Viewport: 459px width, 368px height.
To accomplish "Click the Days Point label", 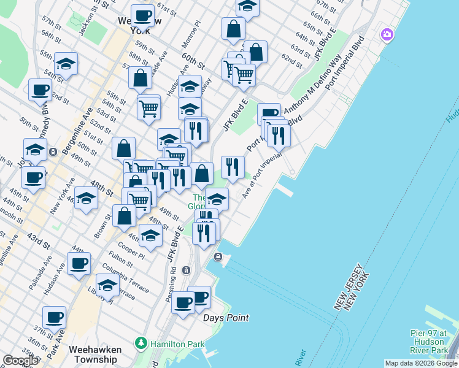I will click(x=226, y=318).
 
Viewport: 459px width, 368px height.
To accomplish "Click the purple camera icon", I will click(x=387, y=34).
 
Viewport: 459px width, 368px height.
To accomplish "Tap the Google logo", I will click(x=20, y=361).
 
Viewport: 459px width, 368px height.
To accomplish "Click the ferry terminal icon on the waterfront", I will click(x=217, y=256).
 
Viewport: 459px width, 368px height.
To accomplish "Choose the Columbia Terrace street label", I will click(x=126, y=270).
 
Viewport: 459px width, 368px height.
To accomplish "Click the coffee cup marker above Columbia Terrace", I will click(x=79, y=264).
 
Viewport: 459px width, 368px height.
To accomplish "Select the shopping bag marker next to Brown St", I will click(x=124, y=215).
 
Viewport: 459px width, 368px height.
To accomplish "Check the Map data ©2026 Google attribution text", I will click(x=420, y=363).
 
